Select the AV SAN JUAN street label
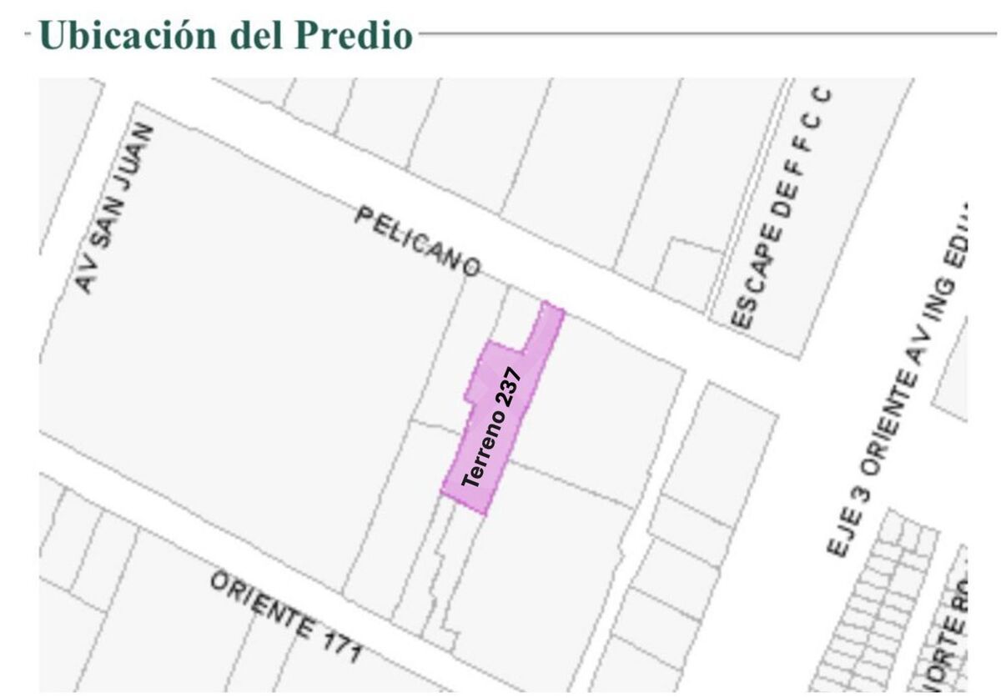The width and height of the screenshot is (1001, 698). coord(116,208)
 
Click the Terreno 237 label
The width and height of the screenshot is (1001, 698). coord(492,428)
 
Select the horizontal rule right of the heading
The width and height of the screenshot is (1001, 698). coord(709,34)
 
